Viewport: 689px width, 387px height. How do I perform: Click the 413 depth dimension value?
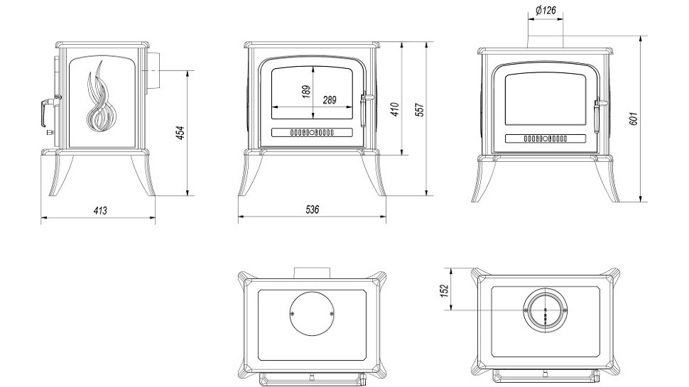[x=99, y=210]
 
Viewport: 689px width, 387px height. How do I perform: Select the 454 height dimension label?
[x=180, y=132]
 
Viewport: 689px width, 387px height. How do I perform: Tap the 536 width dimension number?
[x=312, y=209]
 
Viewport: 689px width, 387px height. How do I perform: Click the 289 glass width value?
[x=330, y=100]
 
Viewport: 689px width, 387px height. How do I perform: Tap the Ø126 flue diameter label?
[x=545, y=11]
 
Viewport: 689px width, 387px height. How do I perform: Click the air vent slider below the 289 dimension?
[x=312, y=132]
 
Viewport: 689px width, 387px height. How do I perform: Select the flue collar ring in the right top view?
[x=545, y=310]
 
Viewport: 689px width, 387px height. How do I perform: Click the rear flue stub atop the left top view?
[x=312, y=271]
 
